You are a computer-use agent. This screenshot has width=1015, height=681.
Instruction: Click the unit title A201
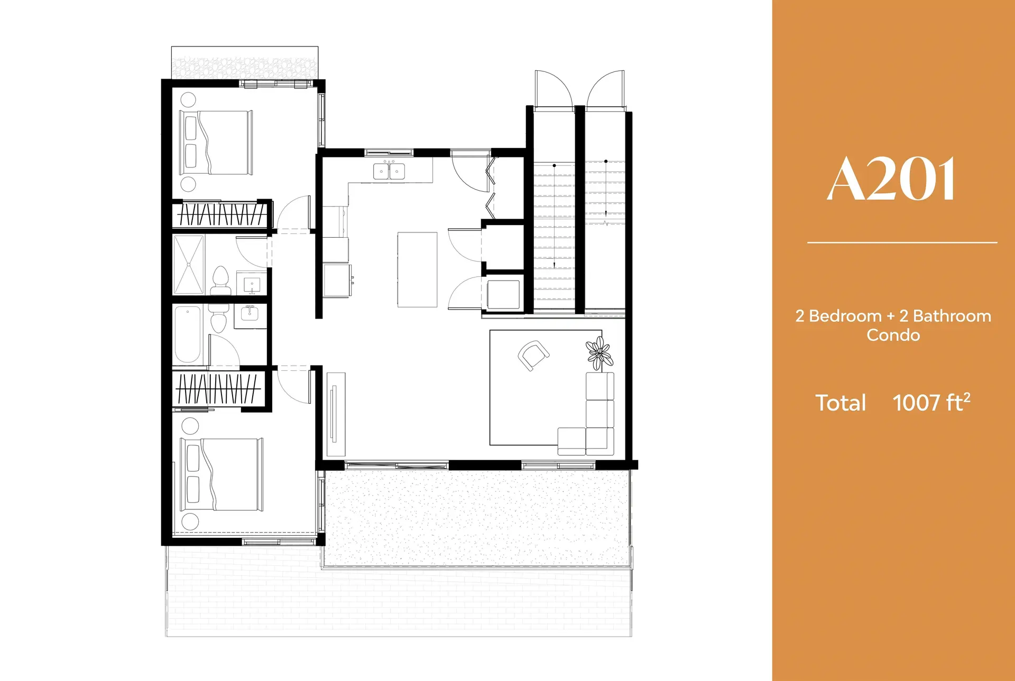892,180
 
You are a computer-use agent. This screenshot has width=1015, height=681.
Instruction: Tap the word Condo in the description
893,335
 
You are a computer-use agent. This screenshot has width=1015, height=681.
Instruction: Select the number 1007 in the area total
916,403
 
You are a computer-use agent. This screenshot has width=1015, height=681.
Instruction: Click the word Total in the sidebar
841,403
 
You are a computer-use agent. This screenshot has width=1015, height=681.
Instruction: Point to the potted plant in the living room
599,353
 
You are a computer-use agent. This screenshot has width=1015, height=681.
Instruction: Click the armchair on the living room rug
533,356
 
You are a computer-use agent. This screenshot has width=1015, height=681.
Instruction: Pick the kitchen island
417,269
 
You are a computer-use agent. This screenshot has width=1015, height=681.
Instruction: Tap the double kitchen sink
389,171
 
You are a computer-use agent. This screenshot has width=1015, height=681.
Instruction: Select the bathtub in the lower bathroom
188,334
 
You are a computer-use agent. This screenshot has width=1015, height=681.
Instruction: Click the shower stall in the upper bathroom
189,265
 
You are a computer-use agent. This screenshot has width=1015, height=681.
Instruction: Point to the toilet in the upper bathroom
220,281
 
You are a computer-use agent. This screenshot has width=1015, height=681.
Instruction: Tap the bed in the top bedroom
216,143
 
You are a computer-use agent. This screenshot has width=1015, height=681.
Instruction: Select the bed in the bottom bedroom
222,474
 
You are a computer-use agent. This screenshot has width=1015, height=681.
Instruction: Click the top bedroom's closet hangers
221,214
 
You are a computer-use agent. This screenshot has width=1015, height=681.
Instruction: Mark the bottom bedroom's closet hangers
217,389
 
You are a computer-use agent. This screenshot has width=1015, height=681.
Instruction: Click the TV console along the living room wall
336,414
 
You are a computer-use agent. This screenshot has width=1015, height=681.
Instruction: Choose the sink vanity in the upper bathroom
252,284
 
